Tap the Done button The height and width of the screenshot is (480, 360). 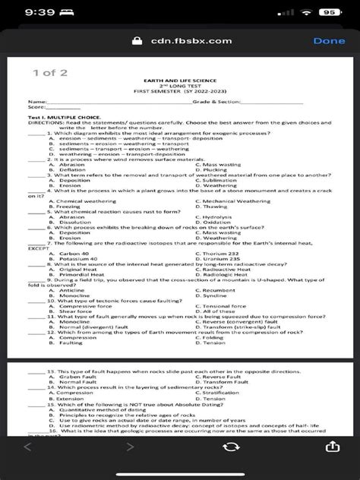[328, 41]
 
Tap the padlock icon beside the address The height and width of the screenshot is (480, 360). [137, 41]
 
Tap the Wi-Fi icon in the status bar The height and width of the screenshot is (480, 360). [306, 12]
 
